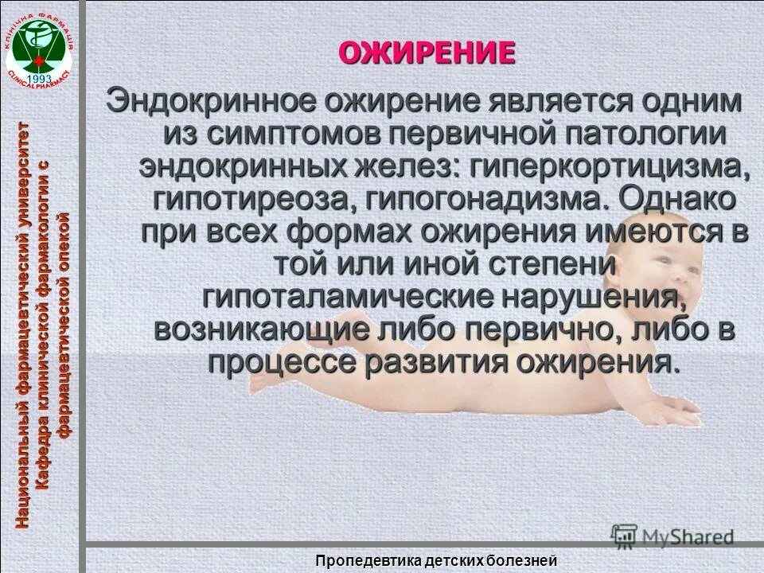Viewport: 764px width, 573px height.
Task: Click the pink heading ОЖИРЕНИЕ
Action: [x=427, y=53]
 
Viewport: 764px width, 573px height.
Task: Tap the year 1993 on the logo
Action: [x=39, y=79]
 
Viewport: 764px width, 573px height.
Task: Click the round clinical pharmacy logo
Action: [x=39, y=45]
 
